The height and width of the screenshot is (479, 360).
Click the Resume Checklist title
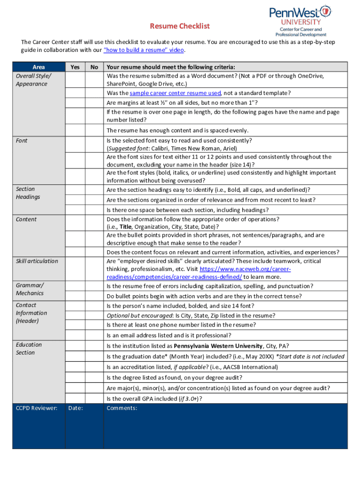[x=180, y=26]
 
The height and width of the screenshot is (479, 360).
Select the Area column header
[x=39, y=67]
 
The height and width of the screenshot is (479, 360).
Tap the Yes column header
[x=75, y=67]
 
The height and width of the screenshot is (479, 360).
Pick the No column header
[x=94, y=67]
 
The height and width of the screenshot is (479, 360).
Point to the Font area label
[x=22, y=140]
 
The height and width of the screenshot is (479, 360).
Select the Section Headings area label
[x=28, y=193]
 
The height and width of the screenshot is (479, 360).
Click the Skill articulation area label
[x=37, y=261]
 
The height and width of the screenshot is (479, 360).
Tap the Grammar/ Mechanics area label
[x=29, y=289]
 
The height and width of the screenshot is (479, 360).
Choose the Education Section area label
[x=29, y=348]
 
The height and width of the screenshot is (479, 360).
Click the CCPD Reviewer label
[x=36, y=408]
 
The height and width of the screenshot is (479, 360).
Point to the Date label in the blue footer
[x=75, y=408]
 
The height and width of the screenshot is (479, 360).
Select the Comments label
[x=122, y=408]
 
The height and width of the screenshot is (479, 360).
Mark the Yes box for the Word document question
[x=75, y=80]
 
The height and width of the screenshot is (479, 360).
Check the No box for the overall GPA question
[x=94, y=399]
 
